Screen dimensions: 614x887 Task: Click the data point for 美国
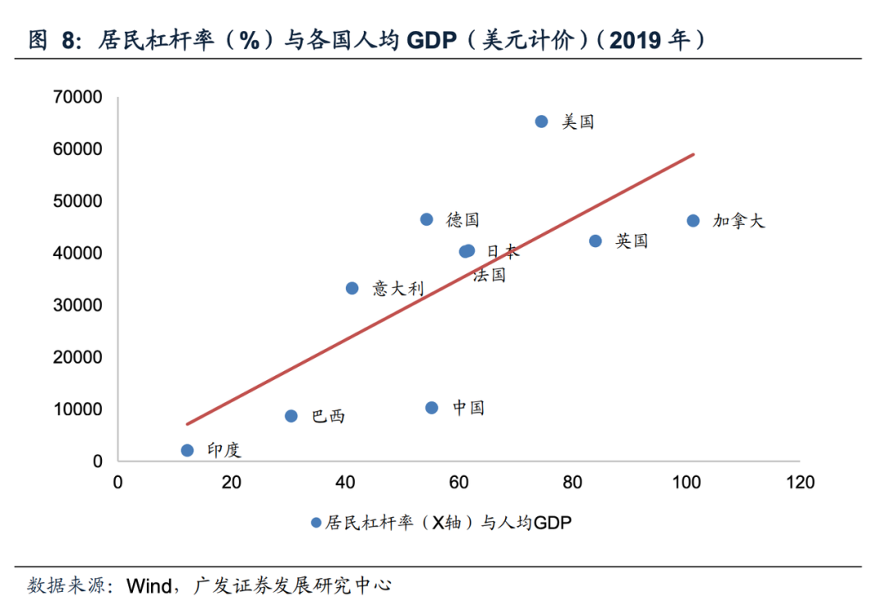click(x=541, y=121)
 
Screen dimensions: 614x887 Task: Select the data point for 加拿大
click(x=693, y=221)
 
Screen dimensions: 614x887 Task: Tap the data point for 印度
click(x=187, y=451)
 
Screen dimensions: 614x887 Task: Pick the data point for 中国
click(x=432, y=408)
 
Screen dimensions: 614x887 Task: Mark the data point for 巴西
click(x=291, y=416)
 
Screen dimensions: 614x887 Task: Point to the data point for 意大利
click(x=352, y=288)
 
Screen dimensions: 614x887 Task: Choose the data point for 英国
click(x=595, y=241)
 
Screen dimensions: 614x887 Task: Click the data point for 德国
click(x=426, y=219)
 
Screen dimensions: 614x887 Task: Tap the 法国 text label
click(x=489, y=275)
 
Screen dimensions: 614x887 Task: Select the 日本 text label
click(x=503, y=251)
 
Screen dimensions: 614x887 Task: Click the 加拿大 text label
click(x=738, y=221)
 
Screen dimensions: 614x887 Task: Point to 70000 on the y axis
click(x=77, y=98)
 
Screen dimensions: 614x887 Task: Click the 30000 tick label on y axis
click(x=77, y=305)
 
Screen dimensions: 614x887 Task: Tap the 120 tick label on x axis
click(x=800, y=483)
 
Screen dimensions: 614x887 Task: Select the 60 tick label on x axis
click(x=459, y=483)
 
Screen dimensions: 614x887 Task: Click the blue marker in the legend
click(x=316, y=522)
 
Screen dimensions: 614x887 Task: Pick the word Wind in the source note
click(x=148, y=586)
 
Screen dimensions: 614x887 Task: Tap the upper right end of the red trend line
click(x=694, y=153)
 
